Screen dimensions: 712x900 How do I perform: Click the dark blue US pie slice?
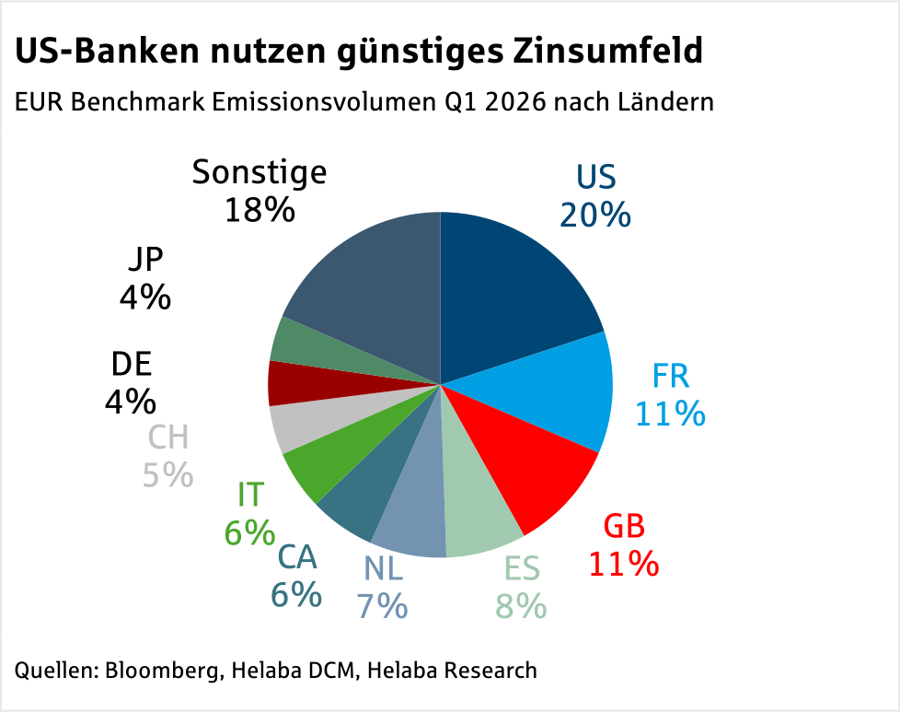(x=515, y=286)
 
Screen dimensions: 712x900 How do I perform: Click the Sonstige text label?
(x=260, y=172)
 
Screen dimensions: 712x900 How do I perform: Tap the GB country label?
(x=624, y=527)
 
